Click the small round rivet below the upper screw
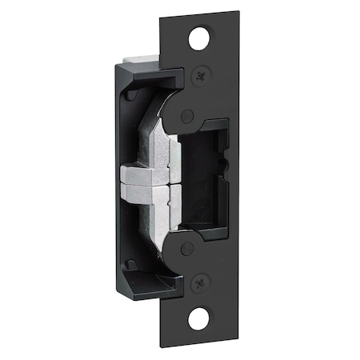[x=186, y=115]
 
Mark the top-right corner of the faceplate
[x=239, y=11]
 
